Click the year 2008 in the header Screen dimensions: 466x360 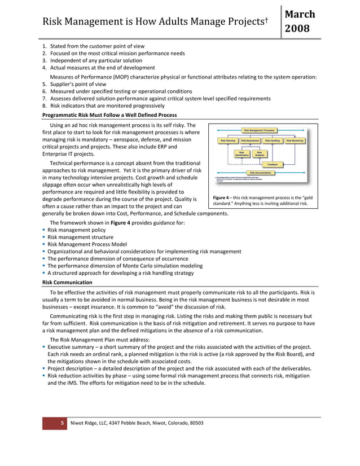(x=298, y=28)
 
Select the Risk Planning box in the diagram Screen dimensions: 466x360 (x=227, y=140)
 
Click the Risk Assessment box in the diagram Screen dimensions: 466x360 (x=252, y=140)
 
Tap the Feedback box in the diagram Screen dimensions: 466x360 (x=273, y=164)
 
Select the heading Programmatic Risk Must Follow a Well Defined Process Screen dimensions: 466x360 (x=109, y=115)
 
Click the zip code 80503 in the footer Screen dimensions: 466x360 (x=194, y=423)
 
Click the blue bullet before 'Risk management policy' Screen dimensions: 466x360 (x=44, y=230)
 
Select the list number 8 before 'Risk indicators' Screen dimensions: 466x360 (x=44, y=105)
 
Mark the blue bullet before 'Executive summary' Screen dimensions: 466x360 (x=44, y=346)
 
